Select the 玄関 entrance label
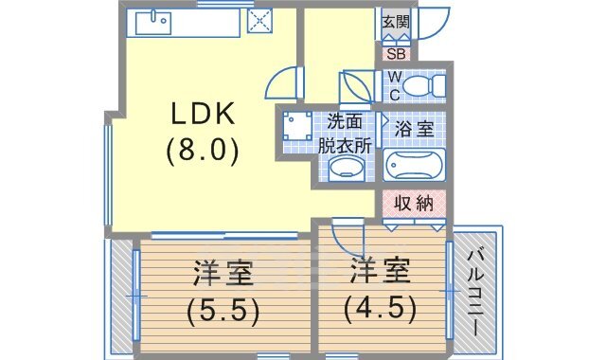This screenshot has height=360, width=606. (395, 21)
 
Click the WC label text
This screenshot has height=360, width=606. (394, 85)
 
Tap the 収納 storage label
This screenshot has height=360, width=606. (413, 203)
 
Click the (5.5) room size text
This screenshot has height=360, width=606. (225, 310)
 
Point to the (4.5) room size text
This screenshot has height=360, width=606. (383, 308)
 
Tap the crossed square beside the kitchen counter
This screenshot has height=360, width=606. (259, 21)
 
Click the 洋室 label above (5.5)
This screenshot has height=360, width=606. (225, 275)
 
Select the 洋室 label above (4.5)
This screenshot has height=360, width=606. (383, 273)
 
